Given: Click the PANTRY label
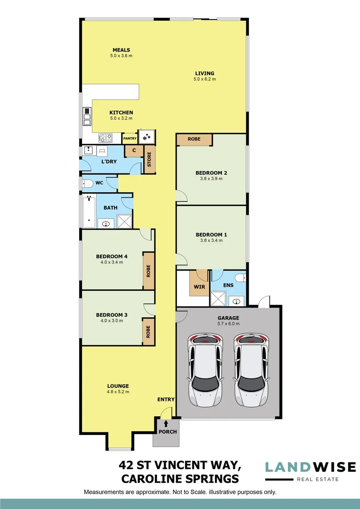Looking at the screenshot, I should click(130, 139).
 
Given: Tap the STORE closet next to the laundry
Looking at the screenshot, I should click(150, 159).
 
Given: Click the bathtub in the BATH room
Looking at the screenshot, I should click(88, 211).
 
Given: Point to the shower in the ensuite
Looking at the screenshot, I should click(218, 299).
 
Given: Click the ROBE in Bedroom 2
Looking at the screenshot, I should click(194, 140).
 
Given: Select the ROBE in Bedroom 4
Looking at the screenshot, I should click(148, 271).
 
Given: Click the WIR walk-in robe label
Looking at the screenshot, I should click(199, 286).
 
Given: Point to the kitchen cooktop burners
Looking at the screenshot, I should click(106, 138).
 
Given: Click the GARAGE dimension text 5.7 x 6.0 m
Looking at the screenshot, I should click(228, 324).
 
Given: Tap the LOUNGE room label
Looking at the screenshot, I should click(117, 386).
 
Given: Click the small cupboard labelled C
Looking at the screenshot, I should click(134, 151).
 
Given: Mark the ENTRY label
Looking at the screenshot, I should click(166, 400).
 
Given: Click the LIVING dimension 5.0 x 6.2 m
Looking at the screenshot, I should click(205, 79).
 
